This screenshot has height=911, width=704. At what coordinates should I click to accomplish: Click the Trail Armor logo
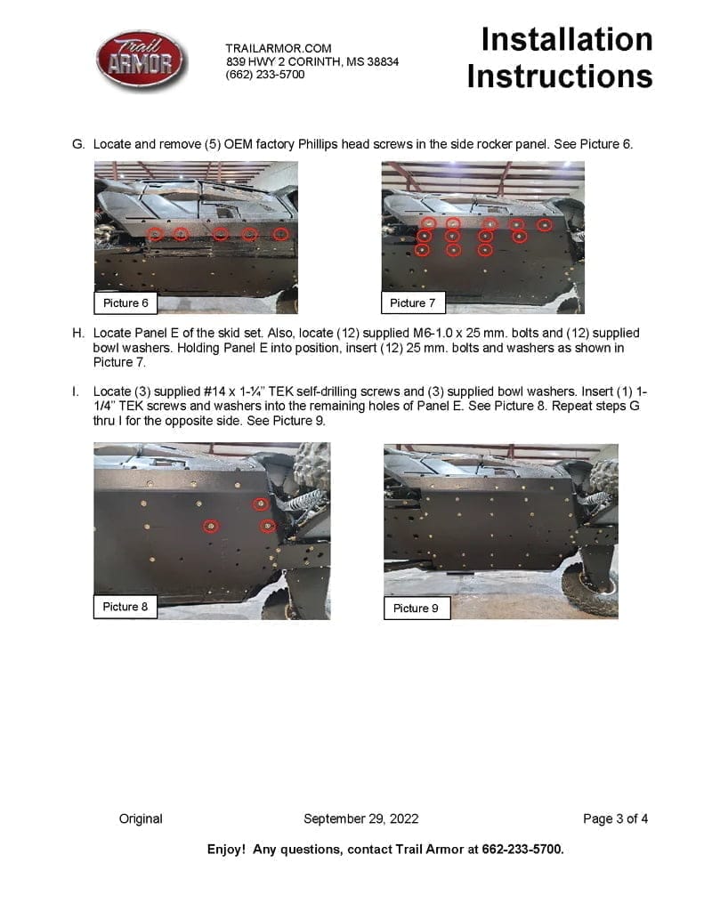point(142,60)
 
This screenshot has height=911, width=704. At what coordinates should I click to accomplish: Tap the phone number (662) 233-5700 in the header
point(265,75)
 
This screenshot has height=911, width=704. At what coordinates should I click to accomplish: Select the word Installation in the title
point(567,39)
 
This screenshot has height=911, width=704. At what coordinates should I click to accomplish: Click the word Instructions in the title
point(559,77)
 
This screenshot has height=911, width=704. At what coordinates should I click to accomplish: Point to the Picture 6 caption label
point(125,303)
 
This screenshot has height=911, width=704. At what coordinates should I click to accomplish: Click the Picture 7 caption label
point(413,303)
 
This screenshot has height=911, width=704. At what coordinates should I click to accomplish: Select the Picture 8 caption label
point(125,607)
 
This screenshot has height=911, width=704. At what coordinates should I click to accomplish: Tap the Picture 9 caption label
point(416,609)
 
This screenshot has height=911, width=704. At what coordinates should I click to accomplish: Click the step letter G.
point(77,144)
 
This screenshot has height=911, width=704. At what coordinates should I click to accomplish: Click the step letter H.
point(77,334)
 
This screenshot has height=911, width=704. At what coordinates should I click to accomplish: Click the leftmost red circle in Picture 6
point(156,235)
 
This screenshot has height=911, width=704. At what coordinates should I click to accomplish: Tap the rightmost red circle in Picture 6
point(281,235)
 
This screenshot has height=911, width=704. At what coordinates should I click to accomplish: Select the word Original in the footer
point(141,818)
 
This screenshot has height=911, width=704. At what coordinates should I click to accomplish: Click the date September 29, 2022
point(360,818)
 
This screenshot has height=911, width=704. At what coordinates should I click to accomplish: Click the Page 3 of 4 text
point(615,818)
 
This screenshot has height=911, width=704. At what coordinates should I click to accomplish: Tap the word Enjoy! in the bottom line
point(226,850)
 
